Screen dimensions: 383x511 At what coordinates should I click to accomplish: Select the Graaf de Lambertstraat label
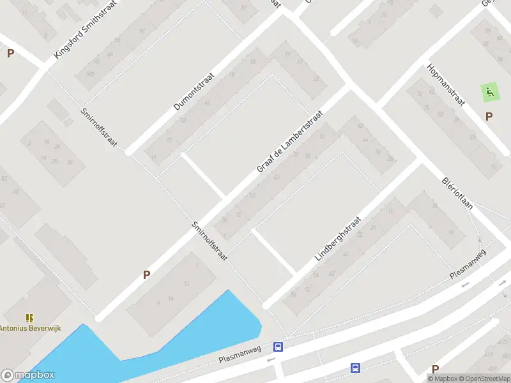[x=289, y=141]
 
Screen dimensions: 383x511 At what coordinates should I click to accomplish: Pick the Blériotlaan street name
[x=456, y=194]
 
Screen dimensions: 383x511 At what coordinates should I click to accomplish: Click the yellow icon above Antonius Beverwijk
[x=29, y=317]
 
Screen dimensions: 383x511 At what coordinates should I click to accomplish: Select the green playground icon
[x=489, y=93]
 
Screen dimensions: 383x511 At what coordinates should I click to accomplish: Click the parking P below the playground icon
[x=489, y=116]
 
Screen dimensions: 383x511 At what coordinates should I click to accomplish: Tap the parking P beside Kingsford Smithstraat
[x=10, y=54]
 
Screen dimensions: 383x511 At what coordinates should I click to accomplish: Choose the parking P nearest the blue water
[x=146, y=275]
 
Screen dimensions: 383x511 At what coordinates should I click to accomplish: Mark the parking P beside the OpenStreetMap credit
[x=435, y=369]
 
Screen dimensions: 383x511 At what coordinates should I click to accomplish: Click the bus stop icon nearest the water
[x=278, y=347]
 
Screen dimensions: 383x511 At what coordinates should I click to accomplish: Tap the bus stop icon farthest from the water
[x=355, y=368]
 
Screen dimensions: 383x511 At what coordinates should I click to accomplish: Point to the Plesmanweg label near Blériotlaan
[x=468, y=263]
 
